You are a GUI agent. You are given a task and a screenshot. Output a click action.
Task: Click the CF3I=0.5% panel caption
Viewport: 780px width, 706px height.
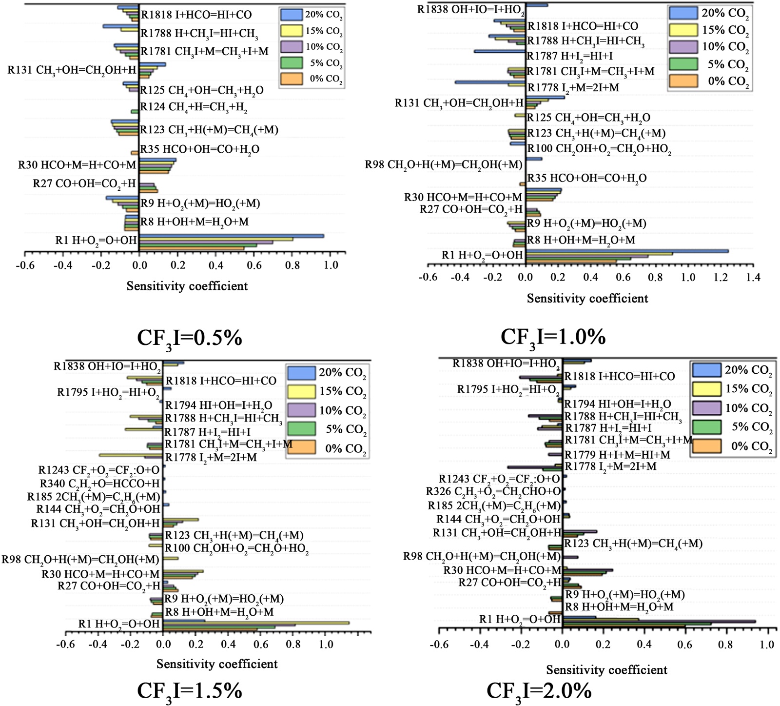pyautogui.click(x=190, y=338)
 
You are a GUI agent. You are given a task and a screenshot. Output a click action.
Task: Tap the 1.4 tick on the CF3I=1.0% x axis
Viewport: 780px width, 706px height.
pyautogui.click(x=753, y=278)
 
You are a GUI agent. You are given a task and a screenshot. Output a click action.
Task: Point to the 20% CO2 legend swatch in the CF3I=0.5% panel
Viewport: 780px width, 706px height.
pyautogui.click(x=292, y=14)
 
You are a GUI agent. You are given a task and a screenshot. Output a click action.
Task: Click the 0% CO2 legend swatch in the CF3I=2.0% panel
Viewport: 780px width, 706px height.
pyautogui.click(x=706, y=445)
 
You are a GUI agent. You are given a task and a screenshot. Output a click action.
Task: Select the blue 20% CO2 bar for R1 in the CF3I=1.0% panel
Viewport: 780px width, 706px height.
pyautogui.click(x=627, y=251)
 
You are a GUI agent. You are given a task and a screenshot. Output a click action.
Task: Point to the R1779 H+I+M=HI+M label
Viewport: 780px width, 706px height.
pyautogui.click(x=617, y=455)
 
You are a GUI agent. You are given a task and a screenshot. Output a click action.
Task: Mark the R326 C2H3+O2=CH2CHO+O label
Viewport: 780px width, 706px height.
pyautogui.click(x=493, y=491)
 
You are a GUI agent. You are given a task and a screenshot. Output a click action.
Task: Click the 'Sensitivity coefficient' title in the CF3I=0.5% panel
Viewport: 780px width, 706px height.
pyautogui.click(x=187, y=286)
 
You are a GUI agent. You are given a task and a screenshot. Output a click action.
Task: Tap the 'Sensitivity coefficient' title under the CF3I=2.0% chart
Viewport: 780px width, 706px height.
pyautogui.click(x=607, y=670)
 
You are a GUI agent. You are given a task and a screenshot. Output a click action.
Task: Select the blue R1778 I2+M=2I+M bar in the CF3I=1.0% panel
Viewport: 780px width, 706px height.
pyautogui.click(x=490, y=82)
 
